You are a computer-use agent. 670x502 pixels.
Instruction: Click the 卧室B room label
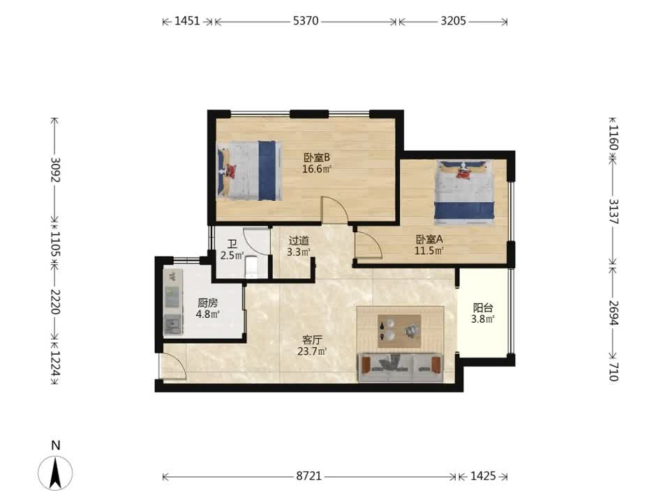tap(317, 157)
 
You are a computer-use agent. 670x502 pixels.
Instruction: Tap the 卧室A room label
tap(429, 239)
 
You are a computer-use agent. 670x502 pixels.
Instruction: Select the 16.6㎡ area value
tap(317, 169)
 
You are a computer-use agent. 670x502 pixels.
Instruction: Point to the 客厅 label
tap(312, 340)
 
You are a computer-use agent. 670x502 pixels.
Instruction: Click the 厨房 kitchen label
tap(208, 303)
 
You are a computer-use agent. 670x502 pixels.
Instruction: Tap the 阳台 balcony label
tap(483, 307)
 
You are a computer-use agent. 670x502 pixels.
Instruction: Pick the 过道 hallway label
tap(298, 241)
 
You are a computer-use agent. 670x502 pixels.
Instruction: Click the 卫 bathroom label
tap(232, 244)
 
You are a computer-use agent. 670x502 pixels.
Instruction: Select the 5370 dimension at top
tap(306, 20)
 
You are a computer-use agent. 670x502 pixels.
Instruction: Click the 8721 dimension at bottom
tap(308, 476)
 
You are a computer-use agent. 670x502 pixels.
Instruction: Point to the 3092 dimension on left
tap(55, 169)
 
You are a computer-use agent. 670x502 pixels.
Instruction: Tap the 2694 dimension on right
tap(613, 313)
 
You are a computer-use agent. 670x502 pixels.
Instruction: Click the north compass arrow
tap(55, 473)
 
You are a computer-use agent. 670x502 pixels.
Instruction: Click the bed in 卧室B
tap(249, 171)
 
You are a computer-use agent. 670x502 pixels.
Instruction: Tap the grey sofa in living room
tap(400, 367)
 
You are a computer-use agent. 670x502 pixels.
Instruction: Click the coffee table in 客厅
tap(399, 330)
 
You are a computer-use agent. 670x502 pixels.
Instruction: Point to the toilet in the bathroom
tap(251, 266)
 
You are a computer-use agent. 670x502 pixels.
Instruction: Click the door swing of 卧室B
tap(335, 210)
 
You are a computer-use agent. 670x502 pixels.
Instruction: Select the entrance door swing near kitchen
tap(172, 366)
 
